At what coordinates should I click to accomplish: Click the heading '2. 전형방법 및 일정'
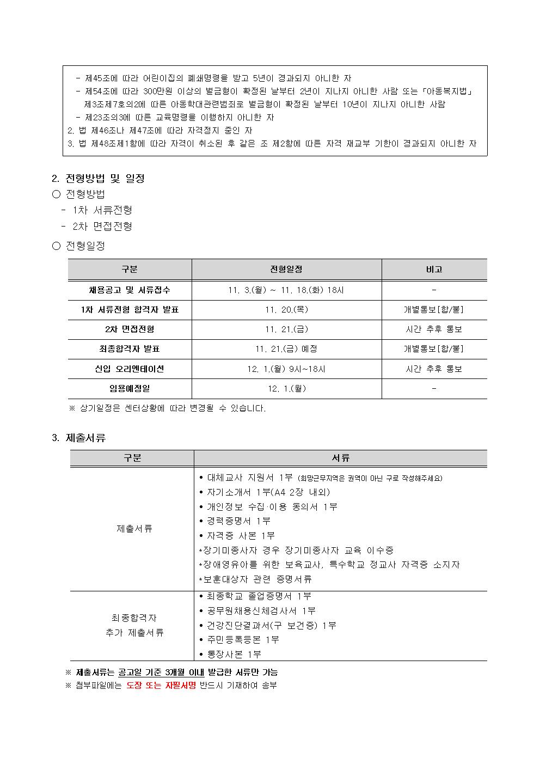[98, 179]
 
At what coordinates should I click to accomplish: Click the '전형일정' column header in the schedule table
[286, 270]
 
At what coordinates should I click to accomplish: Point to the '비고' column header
[434, 270]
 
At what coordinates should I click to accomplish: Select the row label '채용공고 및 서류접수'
[130, 290]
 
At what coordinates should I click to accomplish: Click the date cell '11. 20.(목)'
[286, 310]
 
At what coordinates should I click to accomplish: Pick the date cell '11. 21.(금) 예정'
[286, 349]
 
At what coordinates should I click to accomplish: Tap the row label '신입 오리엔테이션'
[130, 369]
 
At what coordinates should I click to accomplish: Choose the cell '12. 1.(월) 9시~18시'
[286, 369]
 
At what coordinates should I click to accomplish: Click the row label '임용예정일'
[130, 389]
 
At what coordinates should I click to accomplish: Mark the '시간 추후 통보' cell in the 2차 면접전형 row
[434, 329]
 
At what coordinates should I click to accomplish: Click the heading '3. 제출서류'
[78, 438]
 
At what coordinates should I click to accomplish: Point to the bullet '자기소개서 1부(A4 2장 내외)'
[268, 492]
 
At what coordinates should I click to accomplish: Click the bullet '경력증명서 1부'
[238, 521]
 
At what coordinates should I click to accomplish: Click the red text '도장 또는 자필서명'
[161, 686]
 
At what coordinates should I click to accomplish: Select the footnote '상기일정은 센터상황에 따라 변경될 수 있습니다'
[167, 408]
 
